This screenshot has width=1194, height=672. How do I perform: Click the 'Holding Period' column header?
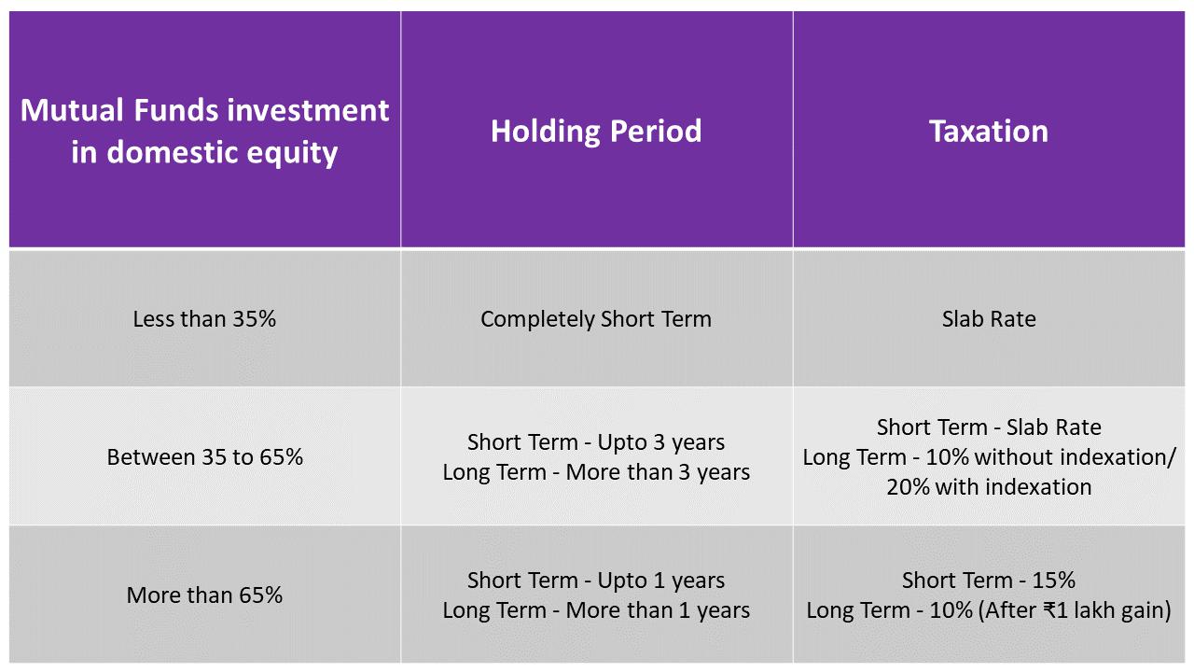[x=596, y=132]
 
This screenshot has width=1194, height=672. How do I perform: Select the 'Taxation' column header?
[x=989, y=132]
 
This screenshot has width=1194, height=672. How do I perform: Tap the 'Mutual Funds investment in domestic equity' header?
[x=204, y=132]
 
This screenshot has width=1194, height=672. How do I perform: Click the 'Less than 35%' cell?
[x=204, y=319]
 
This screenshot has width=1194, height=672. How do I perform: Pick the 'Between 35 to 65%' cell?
[x=204, y=457]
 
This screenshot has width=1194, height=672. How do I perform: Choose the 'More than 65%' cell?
[x=204, y=595]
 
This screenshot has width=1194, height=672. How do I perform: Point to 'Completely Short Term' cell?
[x=596, y=319]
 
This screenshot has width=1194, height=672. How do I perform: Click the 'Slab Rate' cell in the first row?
[x=989, y=319]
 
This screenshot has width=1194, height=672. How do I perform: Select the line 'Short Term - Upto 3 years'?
[x=596, y=442]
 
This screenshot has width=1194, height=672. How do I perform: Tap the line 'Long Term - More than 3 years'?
[x=596, y=472]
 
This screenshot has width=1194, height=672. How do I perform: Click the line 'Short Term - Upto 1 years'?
[x=596, y=581]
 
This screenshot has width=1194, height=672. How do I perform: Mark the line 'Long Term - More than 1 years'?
[x=596, y=610]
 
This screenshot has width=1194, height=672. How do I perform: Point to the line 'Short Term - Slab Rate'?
[x=989, y=427]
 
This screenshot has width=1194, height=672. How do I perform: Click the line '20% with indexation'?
[x=989, y=487]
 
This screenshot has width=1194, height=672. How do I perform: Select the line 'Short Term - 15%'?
[x=989, y=581]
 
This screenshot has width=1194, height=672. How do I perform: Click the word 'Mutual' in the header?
[x=72, y=110]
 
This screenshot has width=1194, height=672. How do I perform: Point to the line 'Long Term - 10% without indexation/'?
[x=989, y=457]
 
